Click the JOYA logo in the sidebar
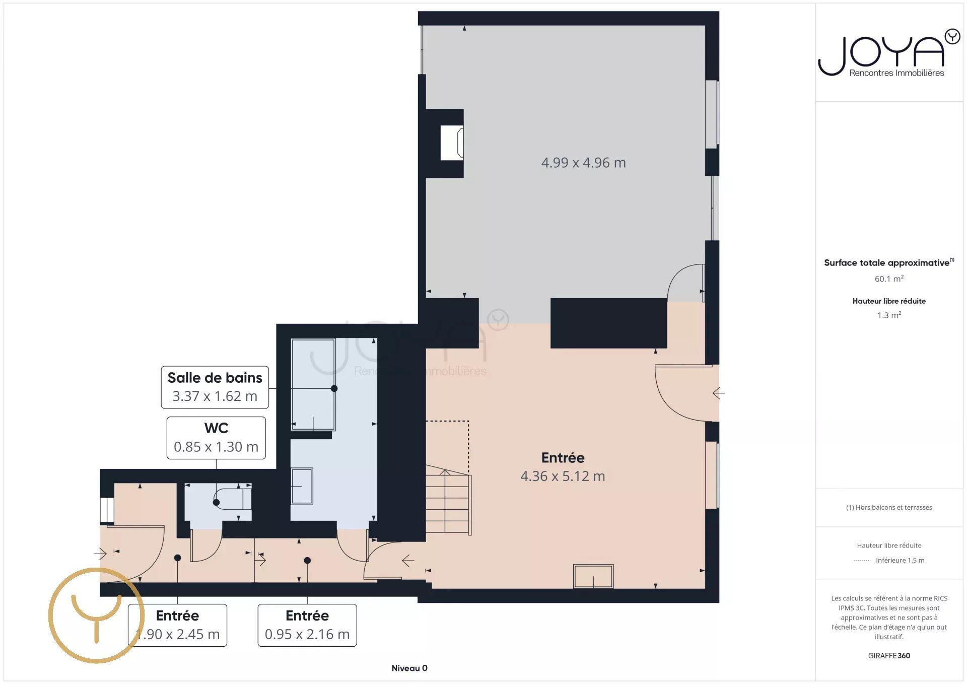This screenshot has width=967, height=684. point(888,53)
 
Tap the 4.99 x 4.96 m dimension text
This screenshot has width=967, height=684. point(583,163)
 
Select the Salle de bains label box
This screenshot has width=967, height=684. point(215,387)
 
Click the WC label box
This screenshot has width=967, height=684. point(216,438)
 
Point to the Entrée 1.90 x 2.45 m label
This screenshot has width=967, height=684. point(177,625)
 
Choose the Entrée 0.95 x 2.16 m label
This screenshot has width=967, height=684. point(307,625)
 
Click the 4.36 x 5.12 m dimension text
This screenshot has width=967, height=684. point(563,476)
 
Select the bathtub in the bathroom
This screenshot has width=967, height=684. point(313,384)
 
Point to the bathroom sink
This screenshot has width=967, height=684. point(302,486)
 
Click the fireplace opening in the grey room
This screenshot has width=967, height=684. point(452,143)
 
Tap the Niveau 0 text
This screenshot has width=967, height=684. point(409,668)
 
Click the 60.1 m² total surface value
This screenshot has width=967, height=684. point(889,279)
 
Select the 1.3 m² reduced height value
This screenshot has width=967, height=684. point(889,315)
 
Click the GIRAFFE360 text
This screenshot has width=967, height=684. point(889,655)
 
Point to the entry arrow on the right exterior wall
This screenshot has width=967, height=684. point(719,393)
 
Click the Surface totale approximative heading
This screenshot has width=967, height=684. point(889,262)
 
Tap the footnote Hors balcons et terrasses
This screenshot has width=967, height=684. point(889,507)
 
